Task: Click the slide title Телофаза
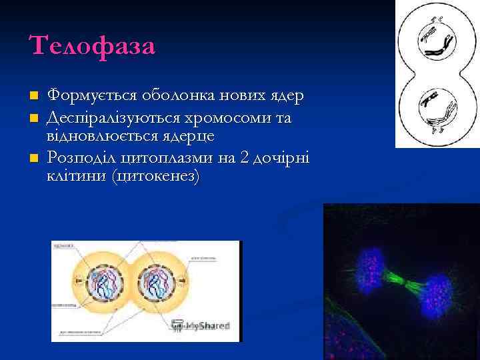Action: (x=92, y=47)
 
